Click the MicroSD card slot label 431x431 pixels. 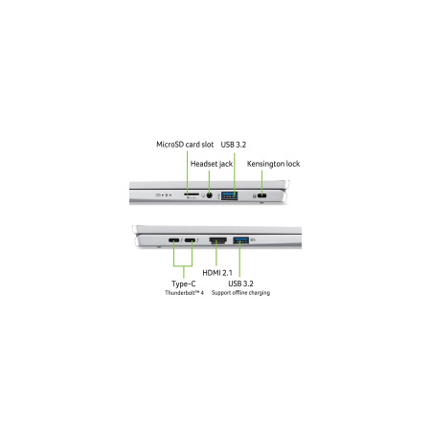tap(185, 145)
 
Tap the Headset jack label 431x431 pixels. tap(212, 164)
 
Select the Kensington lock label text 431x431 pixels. tap(273, 164)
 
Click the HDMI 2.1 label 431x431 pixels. tap(217, 273)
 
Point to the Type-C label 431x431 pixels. tap(184, 284)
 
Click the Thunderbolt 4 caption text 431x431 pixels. tap(184, 293)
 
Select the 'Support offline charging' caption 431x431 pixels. tap(240, 293)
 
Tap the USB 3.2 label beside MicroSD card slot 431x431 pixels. tap(234, 145)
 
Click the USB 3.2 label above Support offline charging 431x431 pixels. tap(240, 284)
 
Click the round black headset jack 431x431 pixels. tap(209, 195)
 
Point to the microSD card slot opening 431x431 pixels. tap(192, 194)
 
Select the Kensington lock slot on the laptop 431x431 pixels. tap(262, 195)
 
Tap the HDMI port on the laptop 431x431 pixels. tap(218, 240)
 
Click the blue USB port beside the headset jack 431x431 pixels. tap(229, 195)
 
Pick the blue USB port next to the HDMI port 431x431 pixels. tap(241, 240)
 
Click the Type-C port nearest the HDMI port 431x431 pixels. tap(191, 240)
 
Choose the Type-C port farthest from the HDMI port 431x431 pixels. tap(174, 240)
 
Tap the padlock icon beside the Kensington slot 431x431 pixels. tap(255, 195)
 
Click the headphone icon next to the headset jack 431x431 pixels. tap(203, 195)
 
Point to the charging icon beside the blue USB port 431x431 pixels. tap(253, 239)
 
